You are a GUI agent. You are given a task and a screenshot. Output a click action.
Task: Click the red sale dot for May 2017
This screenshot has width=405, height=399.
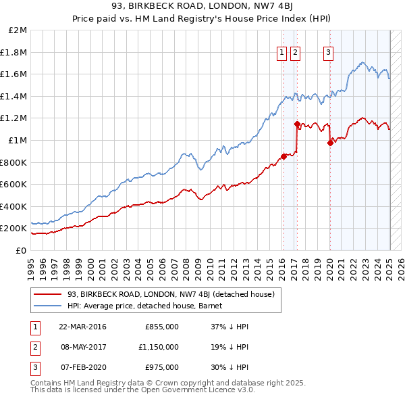pos(296,124)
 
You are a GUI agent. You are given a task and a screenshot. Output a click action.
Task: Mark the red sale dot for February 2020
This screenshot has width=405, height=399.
pos(329,143)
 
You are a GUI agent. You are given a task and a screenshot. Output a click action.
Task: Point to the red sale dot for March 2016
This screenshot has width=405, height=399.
pos(283,156)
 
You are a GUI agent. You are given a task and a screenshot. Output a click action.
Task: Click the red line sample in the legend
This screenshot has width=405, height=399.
pos(48,295)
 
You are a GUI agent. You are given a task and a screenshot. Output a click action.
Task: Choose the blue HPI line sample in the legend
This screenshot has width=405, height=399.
pos(48,306)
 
